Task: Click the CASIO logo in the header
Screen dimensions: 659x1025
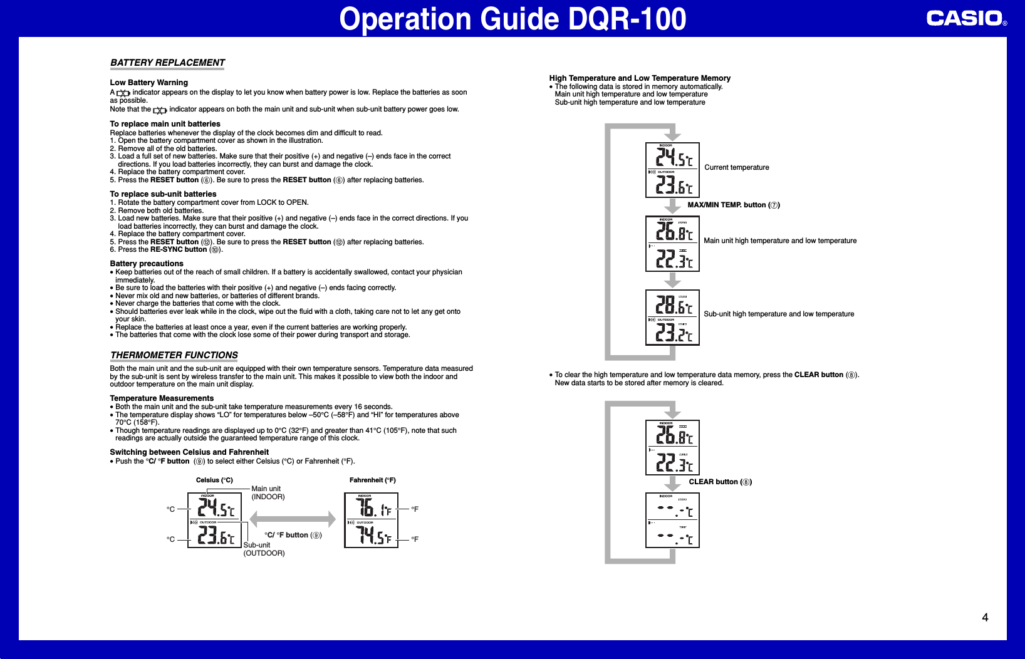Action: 965,18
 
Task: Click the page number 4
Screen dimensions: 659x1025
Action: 985,618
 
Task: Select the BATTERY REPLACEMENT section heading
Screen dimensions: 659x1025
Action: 167,63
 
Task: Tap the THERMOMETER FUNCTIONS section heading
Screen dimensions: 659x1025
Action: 174,355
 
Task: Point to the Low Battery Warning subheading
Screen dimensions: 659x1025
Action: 148,83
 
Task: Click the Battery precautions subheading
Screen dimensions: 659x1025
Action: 147,264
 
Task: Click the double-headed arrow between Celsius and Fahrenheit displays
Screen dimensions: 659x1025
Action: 293,519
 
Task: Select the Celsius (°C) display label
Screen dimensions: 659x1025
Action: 214,480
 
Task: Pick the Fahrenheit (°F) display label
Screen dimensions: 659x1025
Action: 372,480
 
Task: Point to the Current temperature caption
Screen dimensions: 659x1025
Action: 736,167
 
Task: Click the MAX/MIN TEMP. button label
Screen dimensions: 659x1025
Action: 733,205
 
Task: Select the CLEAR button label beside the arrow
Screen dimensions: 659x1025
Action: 720,482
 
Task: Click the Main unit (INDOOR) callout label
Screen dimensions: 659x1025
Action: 268,493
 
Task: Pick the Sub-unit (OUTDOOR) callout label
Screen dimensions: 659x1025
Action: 264,549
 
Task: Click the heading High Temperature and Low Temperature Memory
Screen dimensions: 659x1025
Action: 640,78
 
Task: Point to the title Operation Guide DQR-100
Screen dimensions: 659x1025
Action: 512,19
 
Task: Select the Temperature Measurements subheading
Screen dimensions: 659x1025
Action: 162,398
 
